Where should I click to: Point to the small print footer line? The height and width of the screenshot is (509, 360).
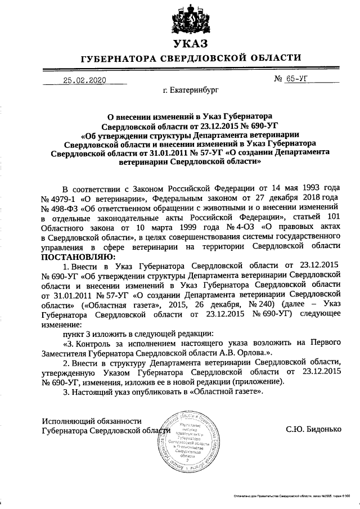(292, 496)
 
